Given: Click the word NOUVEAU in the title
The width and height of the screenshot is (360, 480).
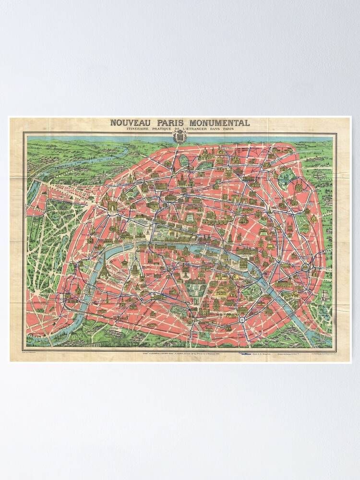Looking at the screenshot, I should [127, 122].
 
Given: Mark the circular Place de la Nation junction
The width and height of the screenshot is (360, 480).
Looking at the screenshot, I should [305, 267].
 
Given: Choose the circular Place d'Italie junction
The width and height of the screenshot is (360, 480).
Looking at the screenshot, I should [242, 319].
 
